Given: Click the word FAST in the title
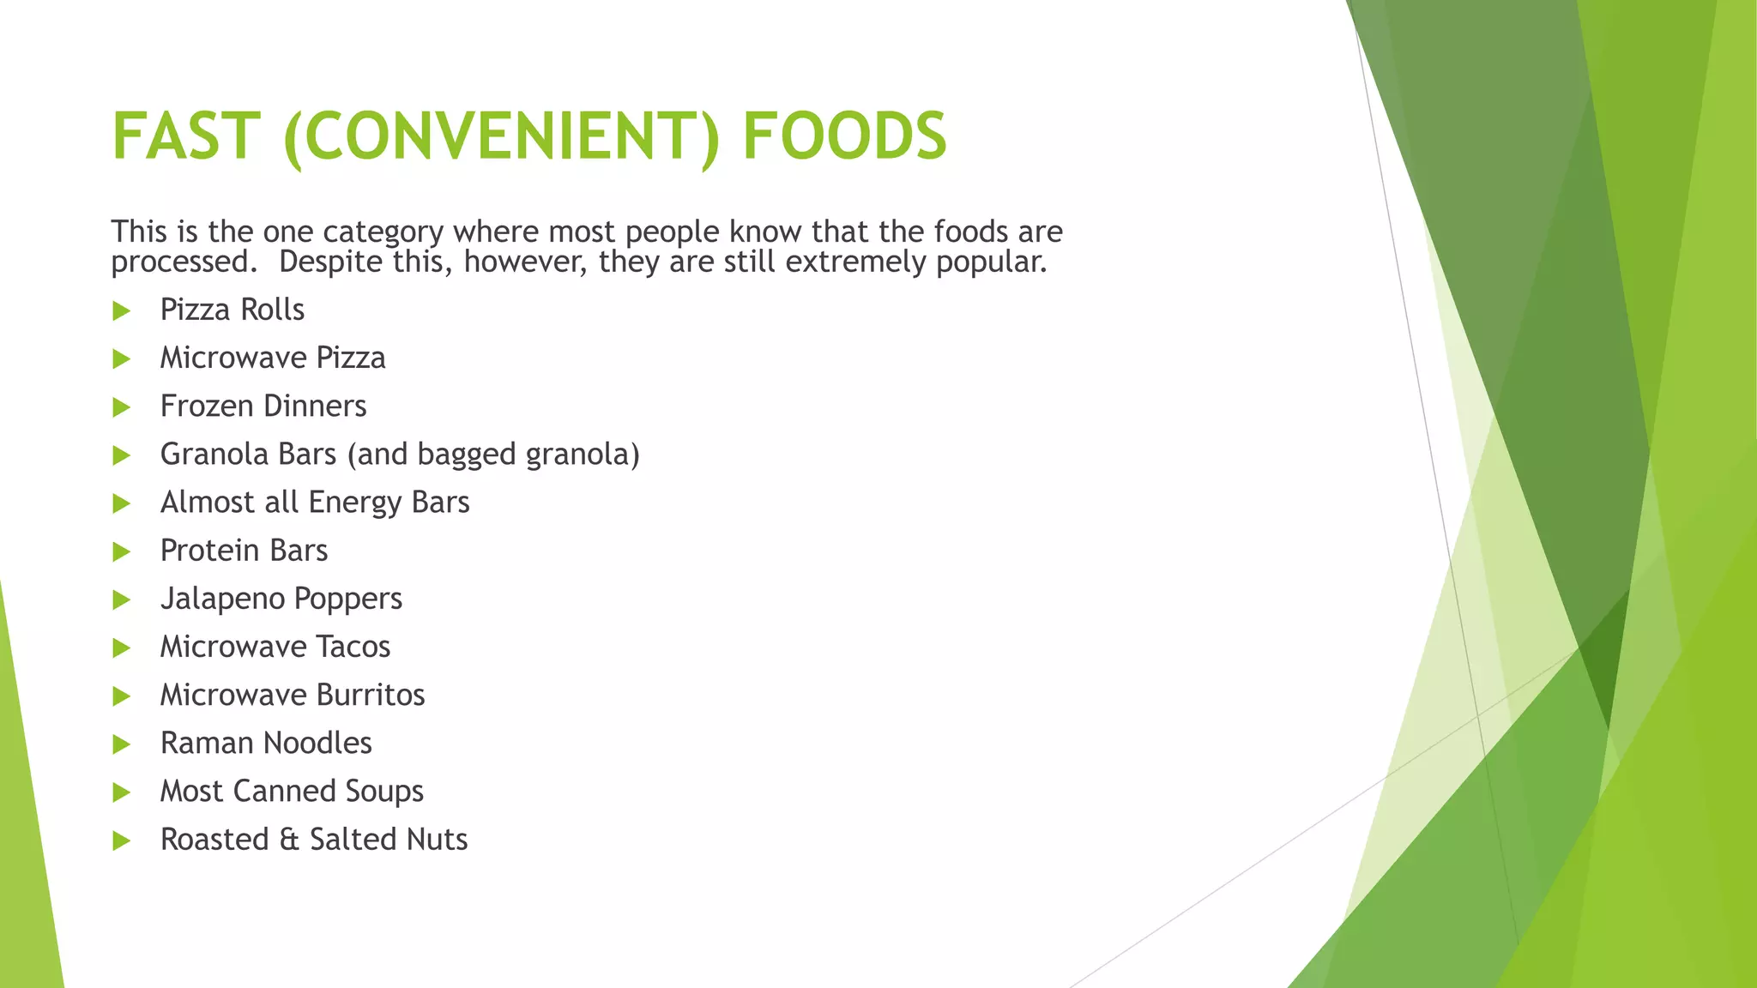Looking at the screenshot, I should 185,136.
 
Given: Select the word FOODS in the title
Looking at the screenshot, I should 844,136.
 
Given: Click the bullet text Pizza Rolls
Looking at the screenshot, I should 232,310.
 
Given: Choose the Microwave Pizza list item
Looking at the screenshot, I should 273,358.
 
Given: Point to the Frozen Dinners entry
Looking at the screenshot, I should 263,406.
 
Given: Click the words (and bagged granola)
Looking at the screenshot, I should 493,455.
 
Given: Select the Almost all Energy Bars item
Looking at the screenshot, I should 315,502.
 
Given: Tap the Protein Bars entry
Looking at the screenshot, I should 244,551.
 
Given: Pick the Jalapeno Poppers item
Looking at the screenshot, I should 281,599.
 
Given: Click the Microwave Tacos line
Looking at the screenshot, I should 275,647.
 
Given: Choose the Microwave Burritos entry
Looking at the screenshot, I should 293,695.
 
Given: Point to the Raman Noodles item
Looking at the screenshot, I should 266,743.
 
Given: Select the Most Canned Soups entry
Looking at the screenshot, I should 292,791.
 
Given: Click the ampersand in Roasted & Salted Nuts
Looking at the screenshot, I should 290,840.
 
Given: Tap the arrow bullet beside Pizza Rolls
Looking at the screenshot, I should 122,310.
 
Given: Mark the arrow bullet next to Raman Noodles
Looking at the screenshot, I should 122,744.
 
